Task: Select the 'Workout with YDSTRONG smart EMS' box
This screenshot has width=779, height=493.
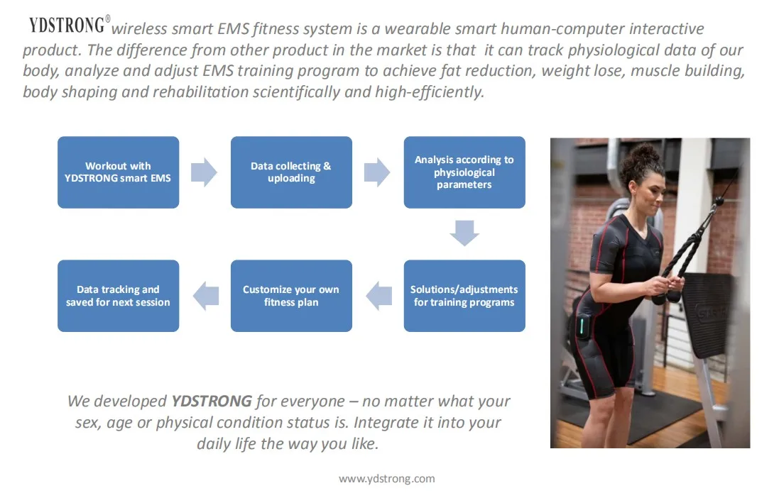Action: tap(118, 172)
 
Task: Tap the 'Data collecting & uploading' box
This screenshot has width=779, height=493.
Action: tap(291, 172)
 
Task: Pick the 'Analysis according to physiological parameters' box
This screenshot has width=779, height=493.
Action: tap(464, 172)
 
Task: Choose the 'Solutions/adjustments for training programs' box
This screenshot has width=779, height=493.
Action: tap(464, 296)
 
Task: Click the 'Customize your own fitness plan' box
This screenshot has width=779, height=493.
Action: tap(291, 296)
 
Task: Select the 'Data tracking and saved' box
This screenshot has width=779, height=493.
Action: tap(118, 296)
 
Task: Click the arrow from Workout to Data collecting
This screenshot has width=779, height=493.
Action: tap(205, 172)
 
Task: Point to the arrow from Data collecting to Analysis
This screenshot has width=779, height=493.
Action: tap(377, 172)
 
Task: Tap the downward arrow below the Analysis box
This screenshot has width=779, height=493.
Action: tap(464, 233)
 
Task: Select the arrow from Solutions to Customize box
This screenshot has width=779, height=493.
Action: tap(378, 296)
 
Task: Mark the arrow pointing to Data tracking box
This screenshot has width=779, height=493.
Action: tap(205, 296)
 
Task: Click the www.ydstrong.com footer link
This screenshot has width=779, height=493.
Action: tap(387, 479)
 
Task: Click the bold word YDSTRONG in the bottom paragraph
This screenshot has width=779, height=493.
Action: tap(212, 401)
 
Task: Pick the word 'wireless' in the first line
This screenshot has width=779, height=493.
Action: tap(141, 29)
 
